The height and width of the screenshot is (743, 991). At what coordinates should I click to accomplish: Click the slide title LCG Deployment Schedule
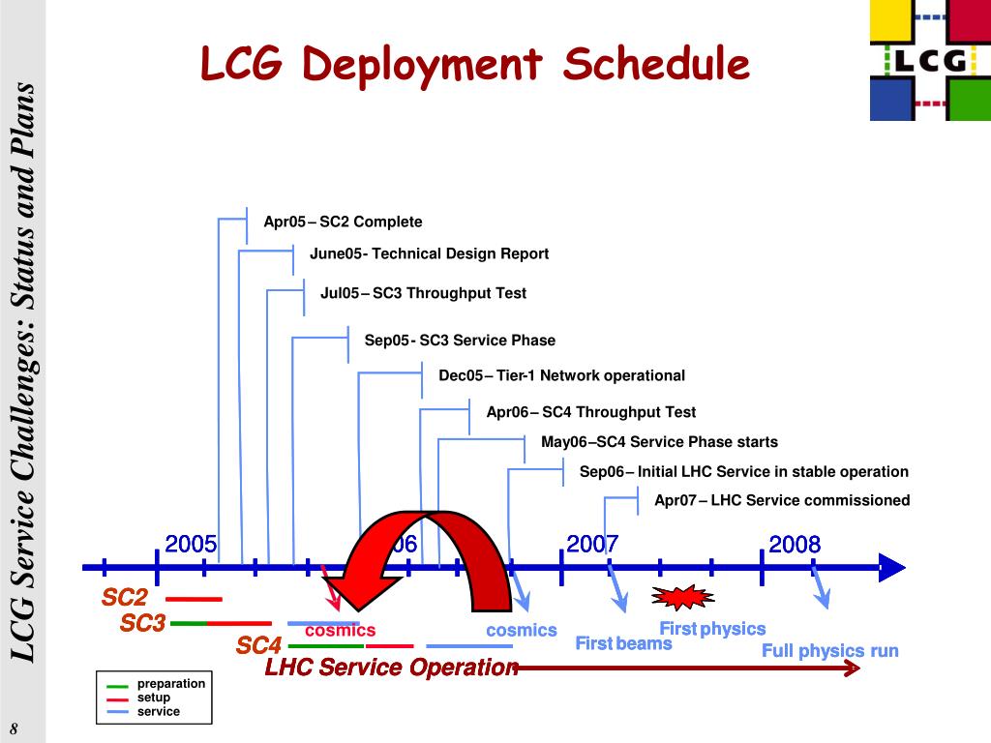(475, 66)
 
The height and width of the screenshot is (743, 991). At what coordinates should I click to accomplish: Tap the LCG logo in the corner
(929, 60)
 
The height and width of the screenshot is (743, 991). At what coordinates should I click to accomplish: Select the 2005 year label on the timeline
(191, 544)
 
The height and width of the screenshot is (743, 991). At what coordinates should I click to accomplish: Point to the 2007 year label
(592, 544)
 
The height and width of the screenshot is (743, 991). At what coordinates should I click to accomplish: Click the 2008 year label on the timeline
(795, 545)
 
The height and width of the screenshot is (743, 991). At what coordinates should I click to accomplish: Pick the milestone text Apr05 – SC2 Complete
(343, 223)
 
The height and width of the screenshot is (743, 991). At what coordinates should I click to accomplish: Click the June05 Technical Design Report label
(429, 254)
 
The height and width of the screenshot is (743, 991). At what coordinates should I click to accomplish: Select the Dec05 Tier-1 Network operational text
(561, 376)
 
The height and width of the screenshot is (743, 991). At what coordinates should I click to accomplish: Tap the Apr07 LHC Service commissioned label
(782, 501)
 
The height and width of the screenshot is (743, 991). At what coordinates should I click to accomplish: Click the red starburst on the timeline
(682, 594)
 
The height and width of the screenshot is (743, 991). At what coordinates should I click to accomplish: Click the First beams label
(623, 644)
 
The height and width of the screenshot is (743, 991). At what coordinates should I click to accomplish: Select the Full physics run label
(829, 651)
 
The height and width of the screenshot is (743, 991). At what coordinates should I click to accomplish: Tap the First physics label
(712, 630)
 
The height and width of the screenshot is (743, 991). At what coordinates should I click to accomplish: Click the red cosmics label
(340, 631)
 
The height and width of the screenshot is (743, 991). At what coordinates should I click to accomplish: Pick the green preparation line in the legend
(118, 686)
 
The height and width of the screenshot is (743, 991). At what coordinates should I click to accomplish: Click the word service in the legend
(159, 712)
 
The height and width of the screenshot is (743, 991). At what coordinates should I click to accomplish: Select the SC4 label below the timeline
(259, 645)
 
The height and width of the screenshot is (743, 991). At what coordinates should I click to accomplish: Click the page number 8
(15, 728)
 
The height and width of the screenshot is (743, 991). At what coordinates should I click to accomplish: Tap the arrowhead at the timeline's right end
(892, 567)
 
